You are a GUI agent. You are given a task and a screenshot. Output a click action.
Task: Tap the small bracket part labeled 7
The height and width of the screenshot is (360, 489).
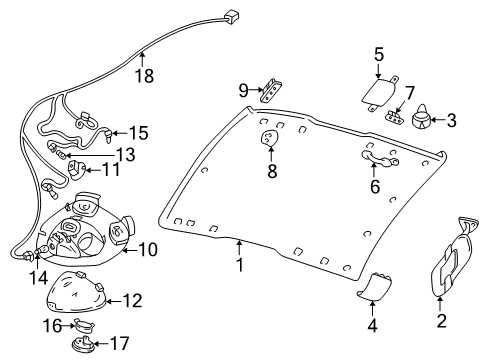(x=270, y=139)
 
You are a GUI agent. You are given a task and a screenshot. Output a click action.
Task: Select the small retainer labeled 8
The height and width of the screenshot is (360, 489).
(x=271, y=92)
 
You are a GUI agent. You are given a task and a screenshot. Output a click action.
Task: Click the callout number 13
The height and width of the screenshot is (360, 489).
(x=124, y=153)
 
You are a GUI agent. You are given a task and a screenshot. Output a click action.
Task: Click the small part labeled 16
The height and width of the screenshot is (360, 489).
(x=83, y=325)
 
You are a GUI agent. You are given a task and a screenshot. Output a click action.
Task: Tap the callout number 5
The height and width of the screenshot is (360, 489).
(x=379, y=54)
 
